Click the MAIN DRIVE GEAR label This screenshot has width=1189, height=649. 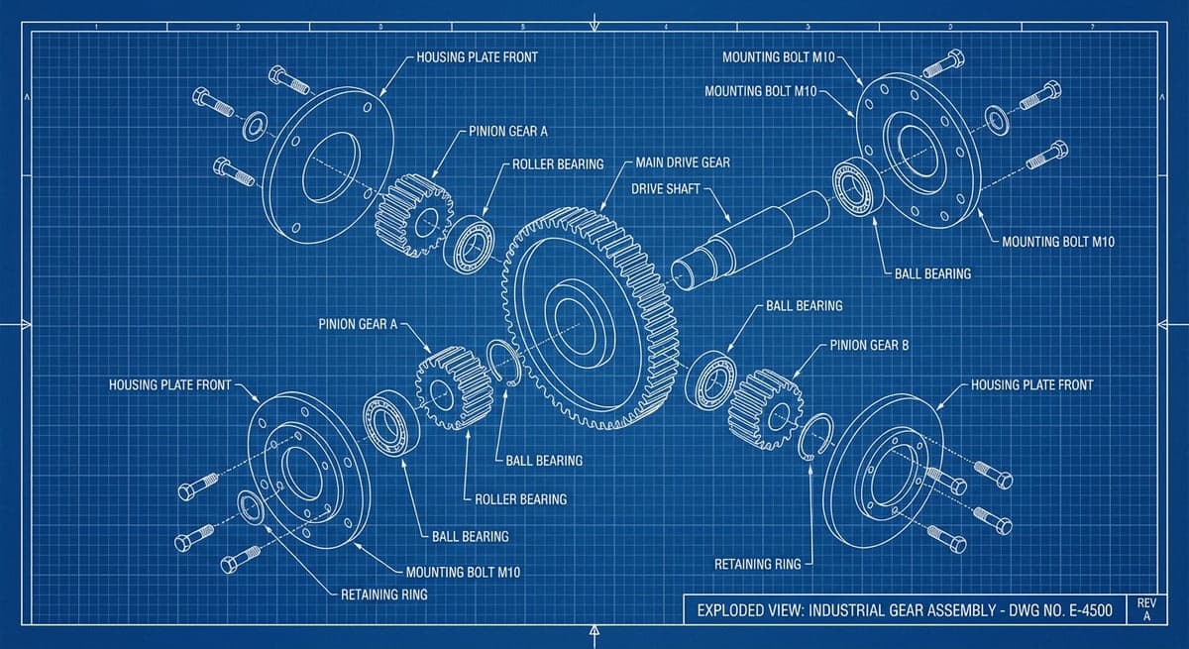coord(683,162)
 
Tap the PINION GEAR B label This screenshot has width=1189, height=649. coord(869,346)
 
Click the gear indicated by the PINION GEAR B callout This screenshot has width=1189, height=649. coord(765,408)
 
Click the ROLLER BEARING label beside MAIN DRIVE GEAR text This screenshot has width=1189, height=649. coord(558,163)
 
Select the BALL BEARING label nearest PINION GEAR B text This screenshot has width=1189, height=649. coord(804,306)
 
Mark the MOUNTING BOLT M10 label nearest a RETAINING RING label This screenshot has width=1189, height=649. coord(463,573)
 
